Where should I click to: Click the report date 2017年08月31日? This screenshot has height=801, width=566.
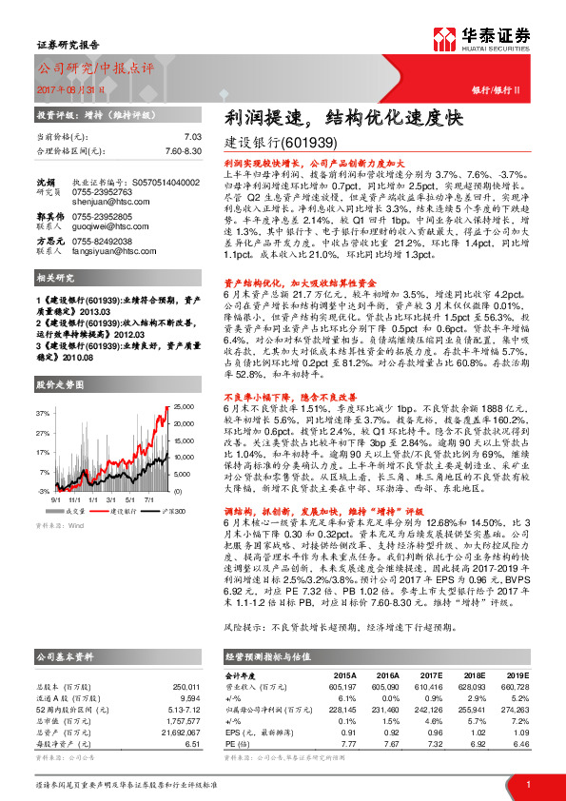tap(70, 88)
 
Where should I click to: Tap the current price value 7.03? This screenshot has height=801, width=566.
tap(193, 137)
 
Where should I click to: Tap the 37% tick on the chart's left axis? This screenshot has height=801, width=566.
tap(44, 414)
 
